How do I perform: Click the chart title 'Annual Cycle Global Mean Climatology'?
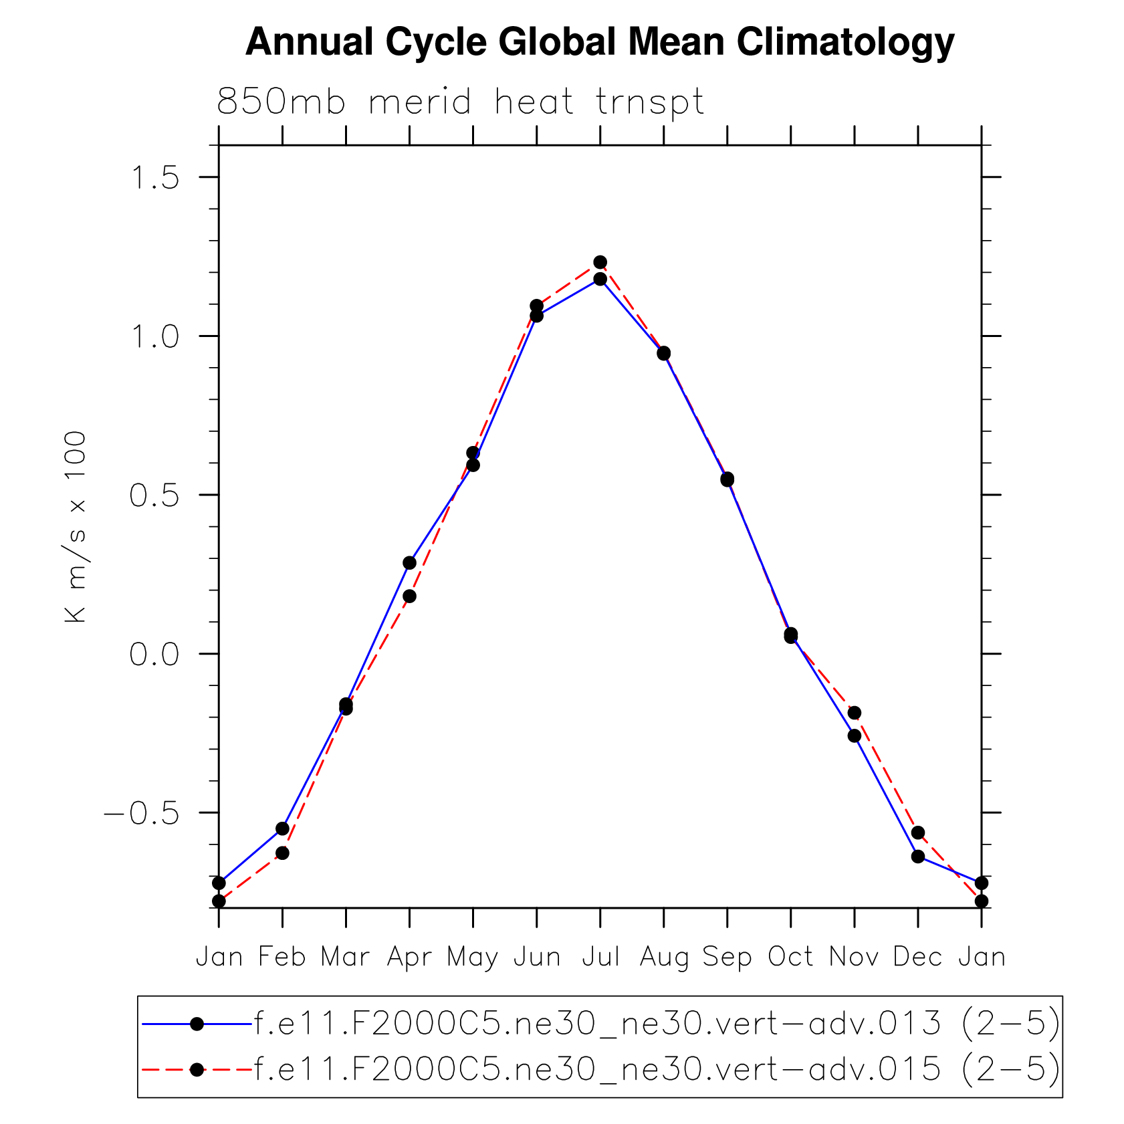[600, 42]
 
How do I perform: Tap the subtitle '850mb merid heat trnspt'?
[460, 102]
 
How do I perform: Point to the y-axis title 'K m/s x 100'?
[76, 527]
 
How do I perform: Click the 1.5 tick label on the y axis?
[155, 178]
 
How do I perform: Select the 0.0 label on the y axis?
[155, 654]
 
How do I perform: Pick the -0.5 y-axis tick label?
[142, 813]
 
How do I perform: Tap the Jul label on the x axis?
[600, 957]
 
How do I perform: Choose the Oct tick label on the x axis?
[790, 957]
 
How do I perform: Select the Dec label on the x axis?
[917, 957]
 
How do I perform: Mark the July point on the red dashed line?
[600, 262]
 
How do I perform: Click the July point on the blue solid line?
[600, 279]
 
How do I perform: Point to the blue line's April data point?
[409, 563]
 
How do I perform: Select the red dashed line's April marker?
[409, 596]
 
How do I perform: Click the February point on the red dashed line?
[282, 853]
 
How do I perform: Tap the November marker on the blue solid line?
[854, 736]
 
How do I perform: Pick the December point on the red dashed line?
[917, 832]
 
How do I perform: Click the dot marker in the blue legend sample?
[197, 1024]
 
